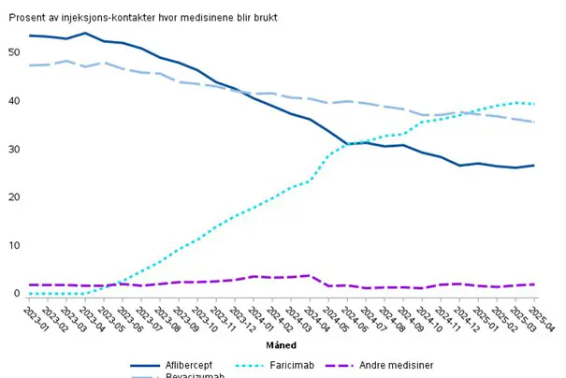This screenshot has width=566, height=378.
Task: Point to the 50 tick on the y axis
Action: coord(13,52)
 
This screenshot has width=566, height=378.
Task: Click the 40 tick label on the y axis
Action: coord(13,101)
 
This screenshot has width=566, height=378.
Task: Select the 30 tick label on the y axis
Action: coord(13,150)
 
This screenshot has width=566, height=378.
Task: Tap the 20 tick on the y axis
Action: coord(13,197)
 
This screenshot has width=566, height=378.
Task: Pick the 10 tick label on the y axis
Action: coord(13,246)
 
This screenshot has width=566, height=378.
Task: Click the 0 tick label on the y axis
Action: coord(16,294)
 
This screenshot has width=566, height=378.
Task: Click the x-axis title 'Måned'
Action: coord(280,345)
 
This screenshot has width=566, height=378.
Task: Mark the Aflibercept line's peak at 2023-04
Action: coord(85,34)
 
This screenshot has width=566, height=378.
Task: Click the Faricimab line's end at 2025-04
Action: coord(533,104)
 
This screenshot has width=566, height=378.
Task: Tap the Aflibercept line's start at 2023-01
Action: coord(30,36)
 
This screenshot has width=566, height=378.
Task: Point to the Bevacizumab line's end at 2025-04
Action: coord(533,122)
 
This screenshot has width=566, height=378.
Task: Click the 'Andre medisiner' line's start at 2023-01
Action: coord(30,284)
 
